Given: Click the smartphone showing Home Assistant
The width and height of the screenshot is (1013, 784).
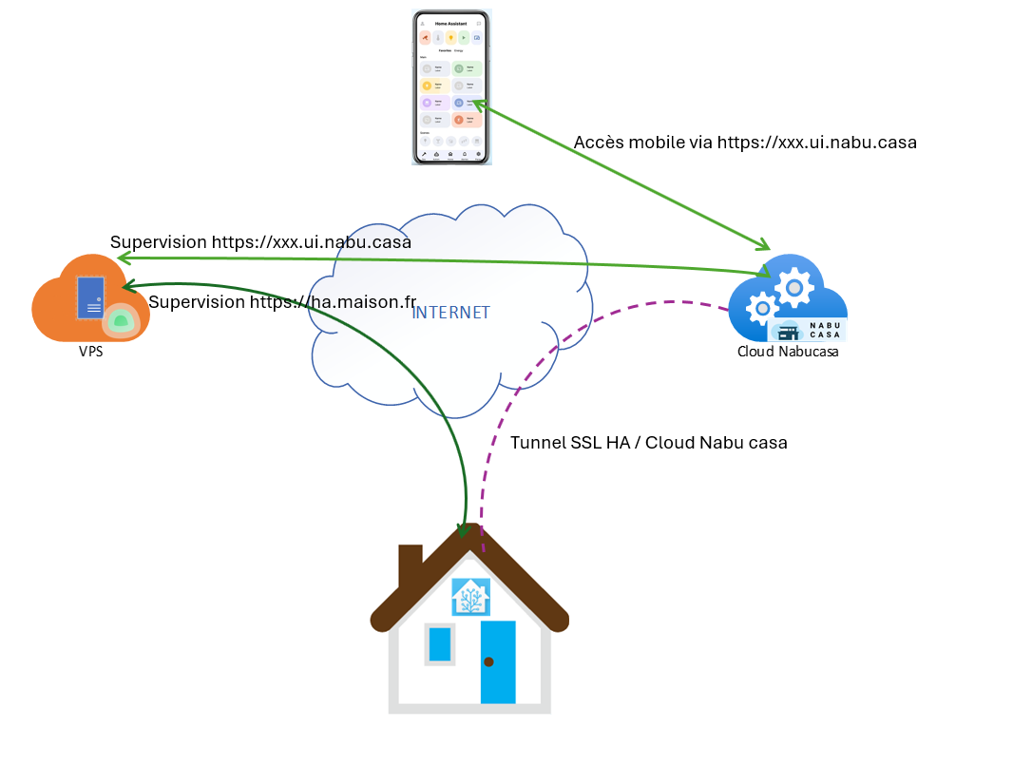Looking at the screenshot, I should tap(451, 87).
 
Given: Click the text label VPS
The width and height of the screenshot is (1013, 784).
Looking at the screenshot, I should tap(91, 351).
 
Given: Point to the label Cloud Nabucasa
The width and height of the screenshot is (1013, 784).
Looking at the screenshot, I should tap(788, 352).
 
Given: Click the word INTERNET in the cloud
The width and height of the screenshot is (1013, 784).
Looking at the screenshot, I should tap(450, 313).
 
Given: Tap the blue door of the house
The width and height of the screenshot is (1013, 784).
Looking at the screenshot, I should tap(498, 662).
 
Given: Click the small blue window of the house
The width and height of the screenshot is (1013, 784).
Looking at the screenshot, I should tap(439, 643).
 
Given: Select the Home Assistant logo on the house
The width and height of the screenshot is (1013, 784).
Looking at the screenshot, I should tap(470, 597).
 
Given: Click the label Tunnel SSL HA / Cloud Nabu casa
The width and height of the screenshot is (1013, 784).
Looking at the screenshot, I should tap(648, 443).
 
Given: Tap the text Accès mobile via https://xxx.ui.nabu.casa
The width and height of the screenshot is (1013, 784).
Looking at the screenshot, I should tap(745, 143).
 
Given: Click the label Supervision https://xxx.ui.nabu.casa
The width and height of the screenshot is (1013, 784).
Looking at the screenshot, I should tap(260, 242).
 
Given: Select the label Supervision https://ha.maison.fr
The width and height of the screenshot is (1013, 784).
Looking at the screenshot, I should tap(282, 302).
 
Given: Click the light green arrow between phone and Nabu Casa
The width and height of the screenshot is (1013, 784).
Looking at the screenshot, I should tap(618, 170).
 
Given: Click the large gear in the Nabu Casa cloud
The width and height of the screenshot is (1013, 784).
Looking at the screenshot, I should tap(793, 284).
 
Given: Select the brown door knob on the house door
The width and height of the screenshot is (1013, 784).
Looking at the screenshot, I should tap(488, 661).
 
